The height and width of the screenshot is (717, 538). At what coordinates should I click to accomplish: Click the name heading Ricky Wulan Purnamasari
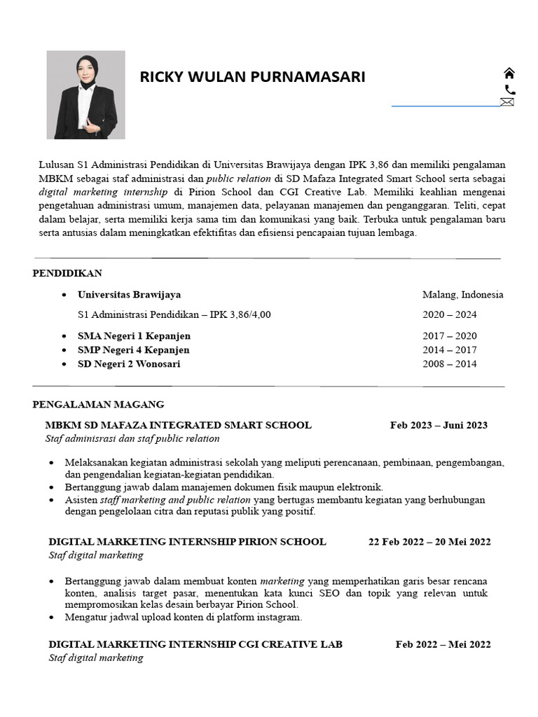tap(252, 77)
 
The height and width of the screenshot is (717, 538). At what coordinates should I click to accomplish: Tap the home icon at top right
tap(509, 74)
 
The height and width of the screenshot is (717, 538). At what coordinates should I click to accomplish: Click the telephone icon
tap(509, 89)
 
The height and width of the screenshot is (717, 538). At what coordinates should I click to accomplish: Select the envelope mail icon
tap(507, 102)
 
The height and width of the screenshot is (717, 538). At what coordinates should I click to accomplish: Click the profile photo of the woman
tap(85, 95)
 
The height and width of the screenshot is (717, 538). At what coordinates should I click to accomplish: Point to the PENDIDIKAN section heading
tap(67, 273)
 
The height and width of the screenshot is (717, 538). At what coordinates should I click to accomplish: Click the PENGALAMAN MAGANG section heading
tap(98, 404)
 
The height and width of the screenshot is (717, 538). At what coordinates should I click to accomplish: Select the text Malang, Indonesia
tap(462, 295)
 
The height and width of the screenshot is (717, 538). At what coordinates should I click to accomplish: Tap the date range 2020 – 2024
tap(449, 314)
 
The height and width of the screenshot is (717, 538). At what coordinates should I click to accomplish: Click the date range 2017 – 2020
tap(449, 336)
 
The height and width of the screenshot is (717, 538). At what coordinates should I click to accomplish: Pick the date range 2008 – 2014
tap(449, 364)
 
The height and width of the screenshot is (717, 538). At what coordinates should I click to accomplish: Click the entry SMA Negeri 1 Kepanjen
tap(134, 336)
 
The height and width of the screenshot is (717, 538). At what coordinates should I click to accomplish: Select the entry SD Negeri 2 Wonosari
tap(129, 364)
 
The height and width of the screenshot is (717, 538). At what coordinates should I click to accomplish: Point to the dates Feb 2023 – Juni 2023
tap(439, 425)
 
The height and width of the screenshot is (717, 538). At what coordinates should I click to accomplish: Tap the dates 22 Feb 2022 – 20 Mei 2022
tap(429, 541)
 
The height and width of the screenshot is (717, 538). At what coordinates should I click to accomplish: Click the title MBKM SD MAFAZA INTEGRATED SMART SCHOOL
tap(178, 425)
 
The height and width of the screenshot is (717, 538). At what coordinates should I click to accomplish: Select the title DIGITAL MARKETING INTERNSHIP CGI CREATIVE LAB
tap(195, 644)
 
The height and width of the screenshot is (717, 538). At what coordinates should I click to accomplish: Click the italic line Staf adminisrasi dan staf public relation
tap(132, 438)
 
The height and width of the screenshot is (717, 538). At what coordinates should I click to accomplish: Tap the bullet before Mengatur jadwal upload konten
tap(55, 618)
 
